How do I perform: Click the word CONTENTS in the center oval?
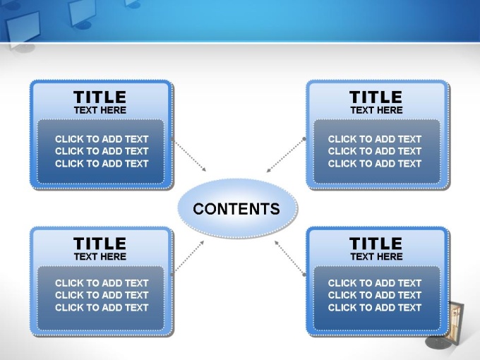(236, 209)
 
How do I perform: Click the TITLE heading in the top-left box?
(100, 97)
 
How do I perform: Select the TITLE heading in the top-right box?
(376, 97)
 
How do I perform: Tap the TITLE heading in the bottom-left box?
(100, 244)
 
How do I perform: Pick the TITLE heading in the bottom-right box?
(376, 244)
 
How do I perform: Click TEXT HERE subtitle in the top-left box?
(100, 110)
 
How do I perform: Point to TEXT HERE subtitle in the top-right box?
(376, 110)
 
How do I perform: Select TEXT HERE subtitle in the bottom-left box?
(100, 256)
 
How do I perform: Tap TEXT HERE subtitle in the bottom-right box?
(376, 256)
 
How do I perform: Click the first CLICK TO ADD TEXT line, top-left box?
(102, 139)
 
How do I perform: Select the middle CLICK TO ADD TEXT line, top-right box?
(375, 151)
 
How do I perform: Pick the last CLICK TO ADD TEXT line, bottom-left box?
(102, 308)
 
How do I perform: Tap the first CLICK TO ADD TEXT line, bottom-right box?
(375, 283)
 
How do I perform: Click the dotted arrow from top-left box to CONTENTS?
(189, 155)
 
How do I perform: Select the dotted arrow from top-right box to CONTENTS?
(286, 155)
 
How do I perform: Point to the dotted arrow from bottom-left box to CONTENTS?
(188, 258)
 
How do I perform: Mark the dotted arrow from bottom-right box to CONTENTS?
(290, 258)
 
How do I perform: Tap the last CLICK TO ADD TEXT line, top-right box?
(375, 164)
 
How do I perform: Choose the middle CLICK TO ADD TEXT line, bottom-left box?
(102, 295)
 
